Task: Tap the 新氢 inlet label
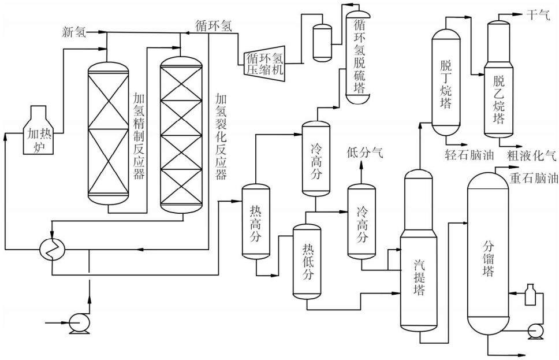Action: click(x=74, y=32)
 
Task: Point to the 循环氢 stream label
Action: click(x=214, y=25)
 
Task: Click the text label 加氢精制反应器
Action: click(x=139, y=136)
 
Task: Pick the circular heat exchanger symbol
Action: click(x=53, y=248)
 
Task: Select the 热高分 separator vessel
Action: click(x=256, y=221)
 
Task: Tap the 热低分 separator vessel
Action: click(x=307, y=261)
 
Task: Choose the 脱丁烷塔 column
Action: click(x=446, y=83)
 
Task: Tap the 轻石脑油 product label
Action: click(x=469, y=155)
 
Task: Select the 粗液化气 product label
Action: click(x=531, y=155)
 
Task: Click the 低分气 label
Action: click(x=365, y=153)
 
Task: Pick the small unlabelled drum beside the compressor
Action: click(x=322, y=42)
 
